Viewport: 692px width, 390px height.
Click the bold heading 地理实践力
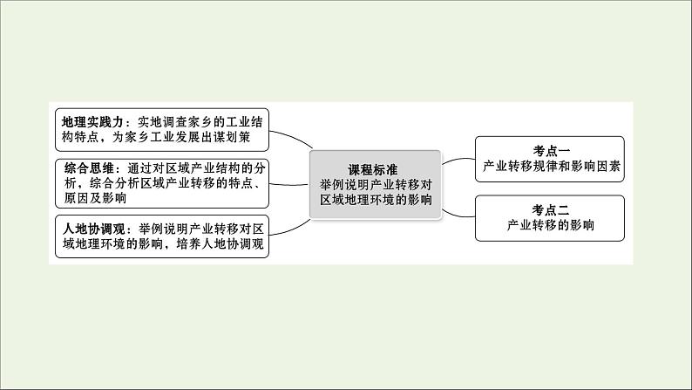93,122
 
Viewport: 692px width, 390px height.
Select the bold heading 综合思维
90,168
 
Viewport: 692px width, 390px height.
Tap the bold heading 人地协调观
94,229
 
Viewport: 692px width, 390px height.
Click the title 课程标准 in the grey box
373,169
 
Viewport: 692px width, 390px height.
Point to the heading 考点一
551,151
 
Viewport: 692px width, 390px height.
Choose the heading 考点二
551,209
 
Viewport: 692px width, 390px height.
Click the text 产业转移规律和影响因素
552,166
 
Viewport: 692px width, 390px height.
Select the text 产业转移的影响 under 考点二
551,225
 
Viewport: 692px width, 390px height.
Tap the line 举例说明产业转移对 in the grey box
376,185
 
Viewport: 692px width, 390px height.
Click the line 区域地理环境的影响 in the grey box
376,200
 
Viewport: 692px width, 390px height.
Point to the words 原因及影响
95,198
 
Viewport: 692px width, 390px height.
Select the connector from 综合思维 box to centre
289,185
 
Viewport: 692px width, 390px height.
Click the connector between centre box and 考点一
458,160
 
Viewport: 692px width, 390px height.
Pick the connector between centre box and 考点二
458,216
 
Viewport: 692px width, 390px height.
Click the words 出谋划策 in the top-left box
226,137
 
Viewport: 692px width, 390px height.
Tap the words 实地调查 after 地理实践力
162,122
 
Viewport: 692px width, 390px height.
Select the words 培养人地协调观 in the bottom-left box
220,243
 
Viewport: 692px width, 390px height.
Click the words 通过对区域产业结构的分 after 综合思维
196,168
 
